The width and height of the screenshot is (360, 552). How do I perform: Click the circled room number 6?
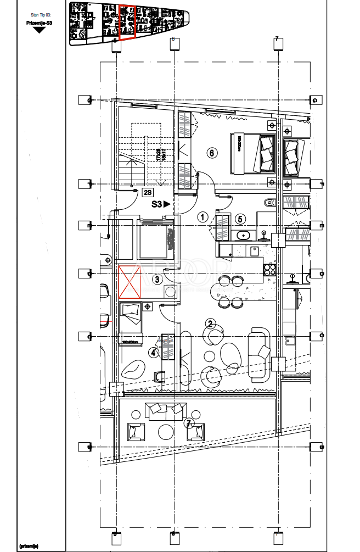pos(212,153)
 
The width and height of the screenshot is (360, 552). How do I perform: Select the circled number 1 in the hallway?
pos(203,217)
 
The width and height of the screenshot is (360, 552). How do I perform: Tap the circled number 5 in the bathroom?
pos(240,219)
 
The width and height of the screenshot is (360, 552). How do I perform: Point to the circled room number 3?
pos(157,280)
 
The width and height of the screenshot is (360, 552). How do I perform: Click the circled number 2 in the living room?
pos(209,323)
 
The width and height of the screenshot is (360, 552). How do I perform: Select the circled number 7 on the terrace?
pos(188,423)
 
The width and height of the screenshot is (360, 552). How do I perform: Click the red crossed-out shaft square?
pos(130,282)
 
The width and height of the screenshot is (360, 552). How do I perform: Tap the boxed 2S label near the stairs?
pos(147,193)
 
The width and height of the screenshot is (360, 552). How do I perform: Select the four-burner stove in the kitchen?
pos(270,270)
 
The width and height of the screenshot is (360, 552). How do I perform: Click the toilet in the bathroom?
pos(267,203)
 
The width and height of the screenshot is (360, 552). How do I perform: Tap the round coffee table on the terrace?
pos(167,431)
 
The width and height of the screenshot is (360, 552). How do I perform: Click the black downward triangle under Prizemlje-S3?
pos(38,30)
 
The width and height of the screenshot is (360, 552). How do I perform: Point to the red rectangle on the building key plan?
pos(127,23)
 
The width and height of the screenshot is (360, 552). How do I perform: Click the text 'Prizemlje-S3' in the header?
pos(38,23)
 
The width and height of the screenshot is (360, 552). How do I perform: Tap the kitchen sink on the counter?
pos(255,251)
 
